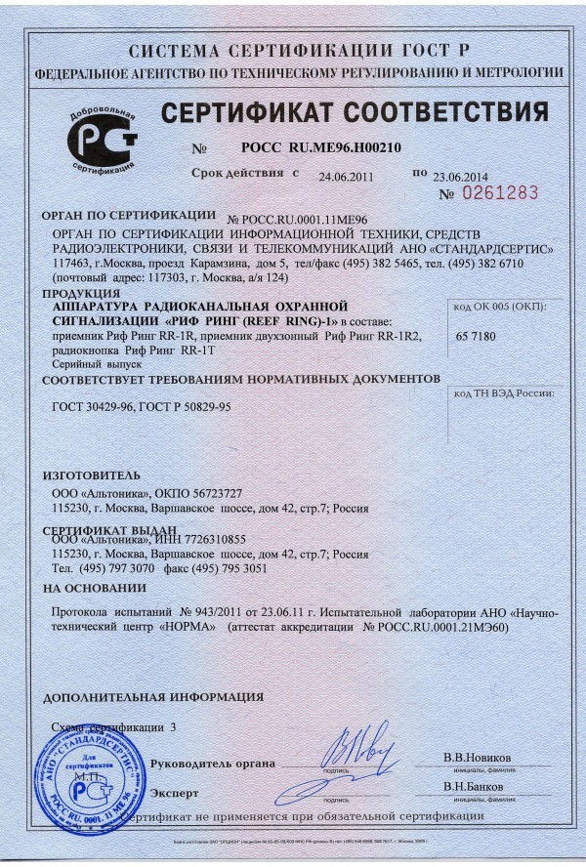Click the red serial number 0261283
[500, 193]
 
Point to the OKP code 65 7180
[476, 335]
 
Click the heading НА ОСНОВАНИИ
[94, 588]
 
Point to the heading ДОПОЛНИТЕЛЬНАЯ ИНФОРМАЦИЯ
[153, 697]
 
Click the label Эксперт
[177, 793]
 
